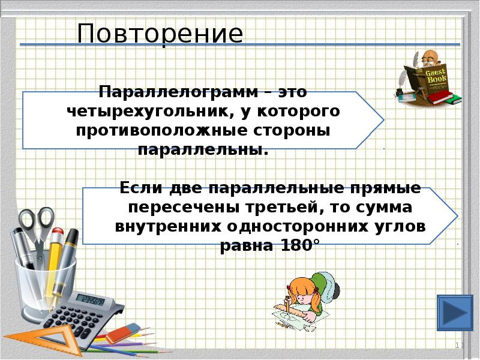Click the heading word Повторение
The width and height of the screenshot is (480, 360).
[x=160, y=34]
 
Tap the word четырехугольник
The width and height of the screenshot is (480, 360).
[x=134, y=112]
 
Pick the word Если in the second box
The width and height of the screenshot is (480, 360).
[x=142, y=187]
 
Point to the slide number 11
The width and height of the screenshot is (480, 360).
[x=460, y=346]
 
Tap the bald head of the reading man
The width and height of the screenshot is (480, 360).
[x=428, y=58]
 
